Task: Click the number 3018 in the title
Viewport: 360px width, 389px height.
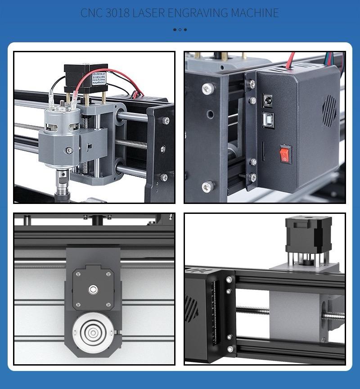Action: pyautogui.click(x=117, y=13)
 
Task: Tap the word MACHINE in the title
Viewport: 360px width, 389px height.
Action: pyautogui.click(x=255, y=13)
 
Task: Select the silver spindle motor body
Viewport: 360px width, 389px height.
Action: pyautogui.click(x=57, y=120)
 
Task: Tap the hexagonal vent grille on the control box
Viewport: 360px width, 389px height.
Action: pyautogui.click(x=330, y=110)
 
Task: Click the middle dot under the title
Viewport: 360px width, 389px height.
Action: pyautogui.click(x=180, y=30)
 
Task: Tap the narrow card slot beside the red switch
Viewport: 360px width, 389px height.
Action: pyautogui.click(x=263, y=149)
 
